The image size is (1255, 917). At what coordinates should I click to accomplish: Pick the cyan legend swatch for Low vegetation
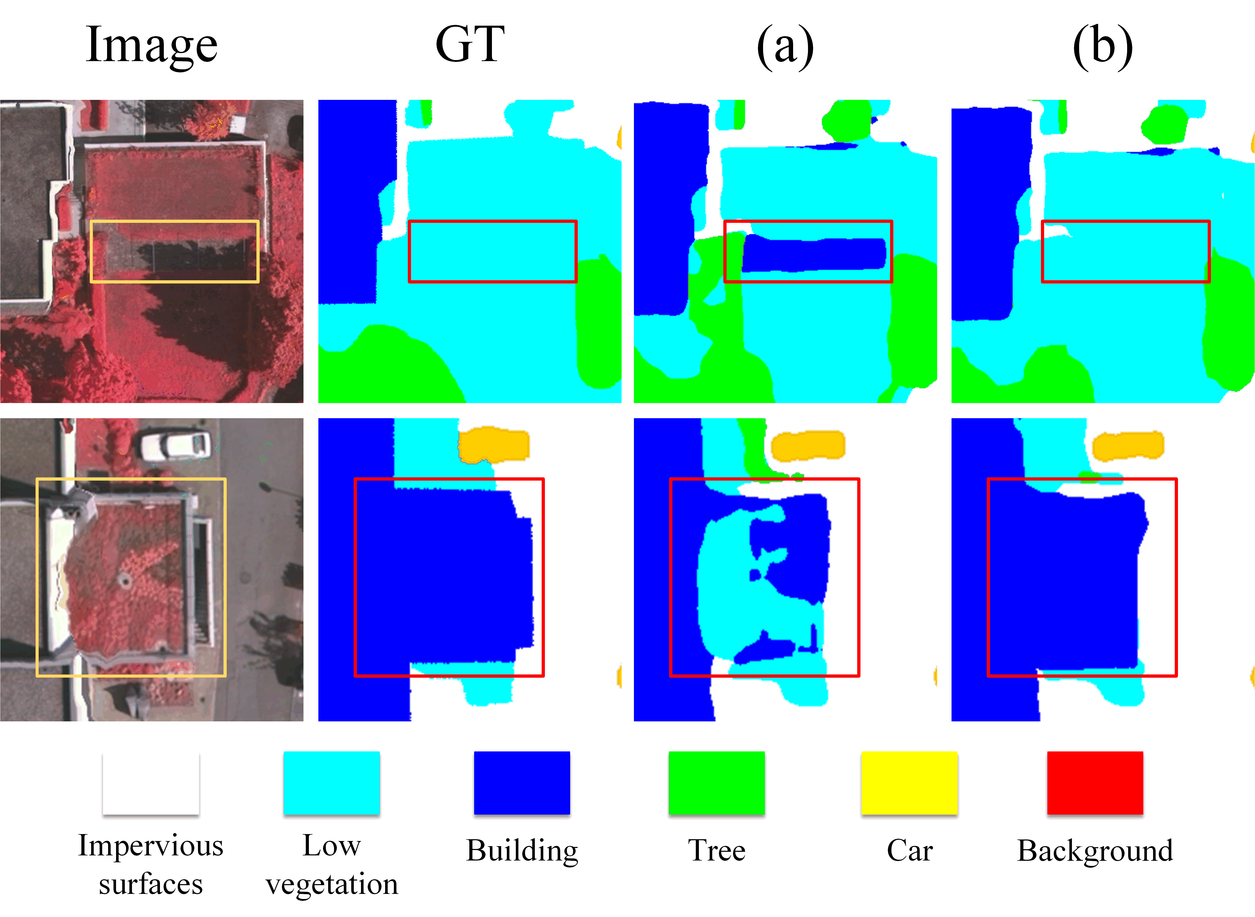(x=331, y=783)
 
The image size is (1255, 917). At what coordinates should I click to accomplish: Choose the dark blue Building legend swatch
(x=522, y=783)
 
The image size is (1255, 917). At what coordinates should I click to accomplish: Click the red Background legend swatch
(x=1095, y=783)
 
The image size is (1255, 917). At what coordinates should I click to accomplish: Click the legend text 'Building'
(x=522, y=851)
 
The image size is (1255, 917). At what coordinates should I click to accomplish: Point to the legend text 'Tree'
(x=717, y=851)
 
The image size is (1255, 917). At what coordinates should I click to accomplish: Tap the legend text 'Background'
(x=1095, y=851)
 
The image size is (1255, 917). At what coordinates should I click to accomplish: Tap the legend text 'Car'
(x=909, y=851)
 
